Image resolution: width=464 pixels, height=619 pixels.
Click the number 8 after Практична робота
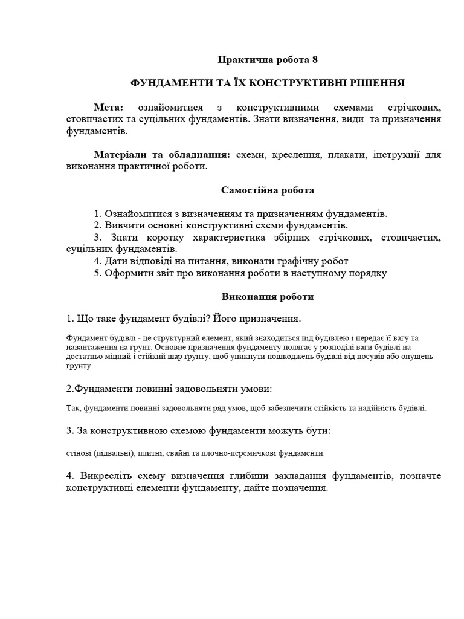click(314, 60)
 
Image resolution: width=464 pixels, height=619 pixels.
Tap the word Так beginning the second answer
click(72, 408)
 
